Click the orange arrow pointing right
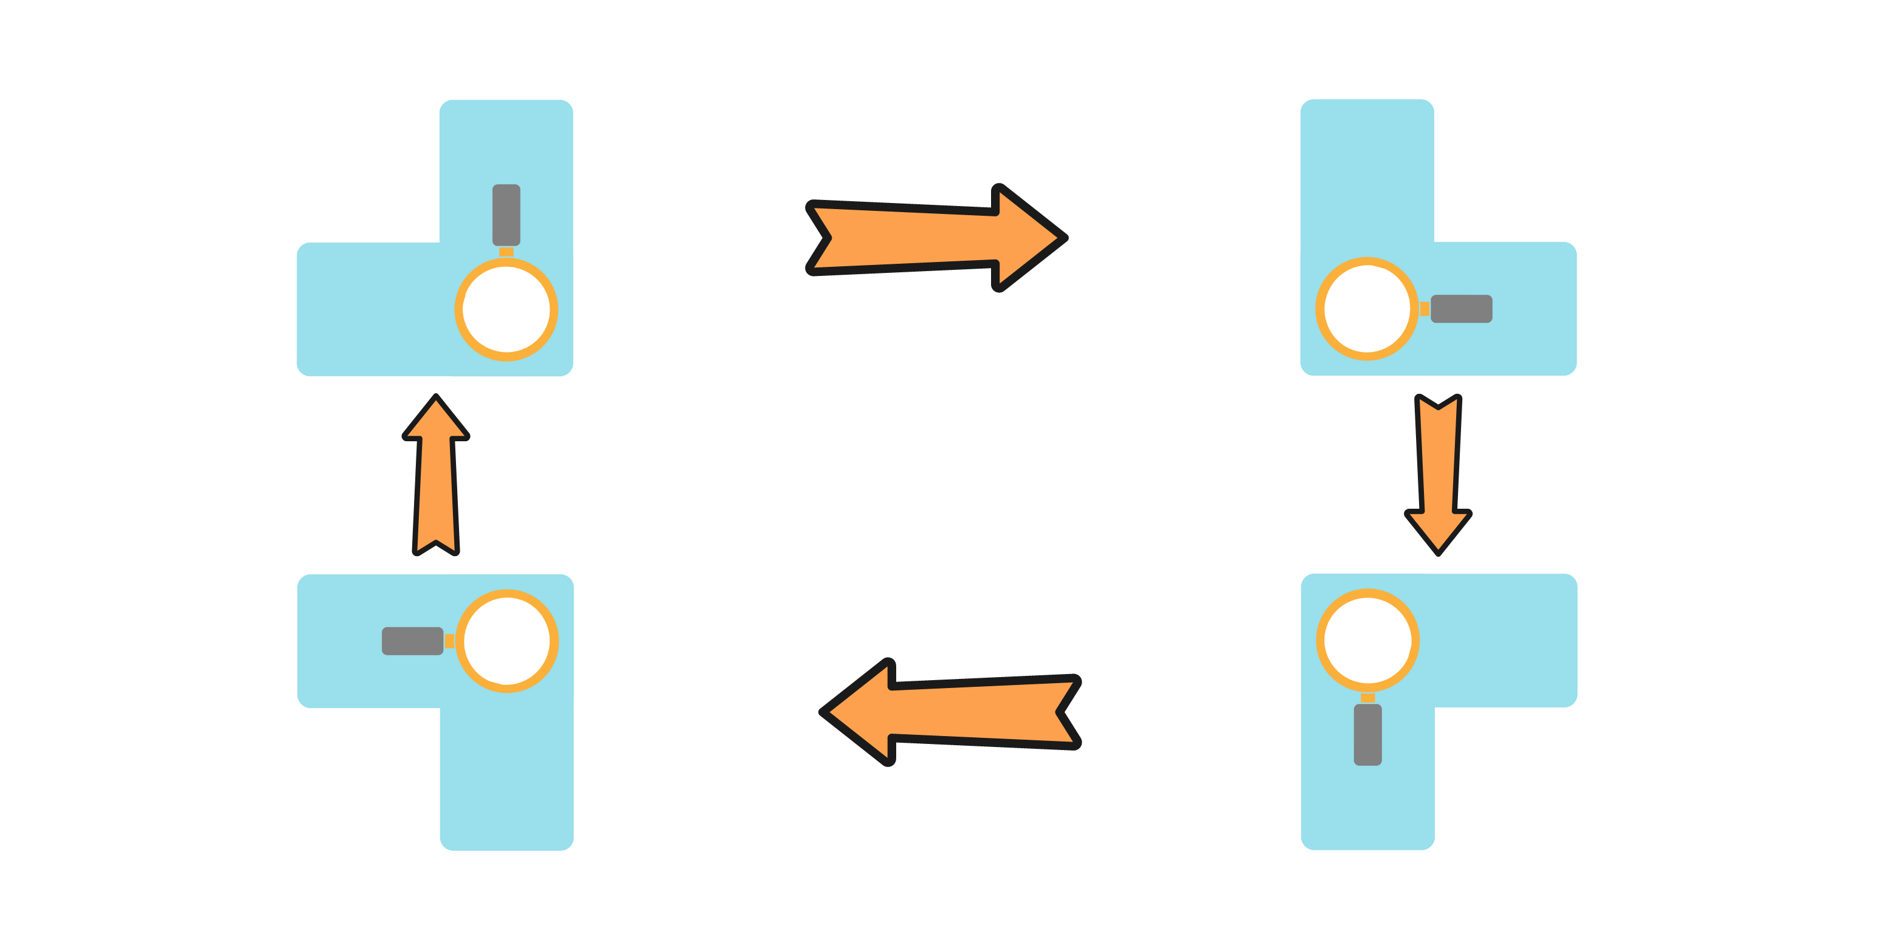[937, 238]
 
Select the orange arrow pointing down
[1439, 472]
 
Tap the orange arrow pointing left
[952, 712]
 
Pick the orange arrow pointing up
[436, 480]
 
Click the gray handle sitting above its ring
[506, 214]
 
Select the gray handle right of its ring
[1461, 309]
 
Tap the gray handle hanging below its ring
[1367, 735]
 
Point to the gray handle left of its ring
[412, 641]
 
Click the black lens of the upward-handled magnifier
[506, 310]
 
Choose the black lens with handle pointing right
[1367, 309]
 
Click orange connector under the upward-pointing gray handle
[506, 252]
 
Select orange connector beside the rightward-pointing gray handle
[1425, 309]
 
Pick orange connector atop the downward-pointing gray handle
[1367, 698]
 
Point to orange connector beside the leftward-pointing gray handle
[449, 641]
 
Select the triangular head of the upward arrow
[436, 421]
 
